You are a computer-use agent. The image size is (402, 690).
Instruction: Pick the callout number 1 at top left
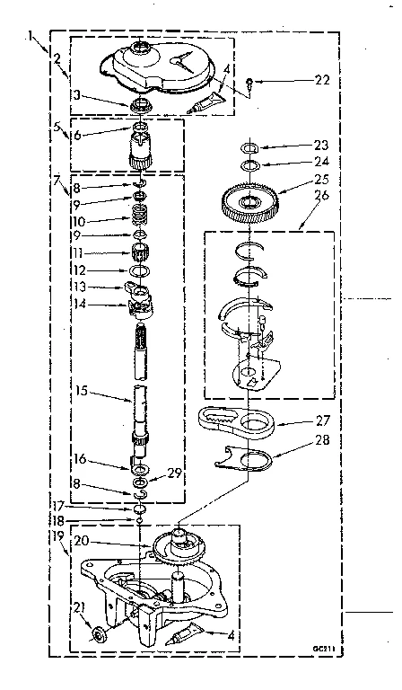point(31,36)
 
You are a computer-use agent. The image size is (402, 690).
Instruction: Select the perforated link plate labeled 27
point(230,420)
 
